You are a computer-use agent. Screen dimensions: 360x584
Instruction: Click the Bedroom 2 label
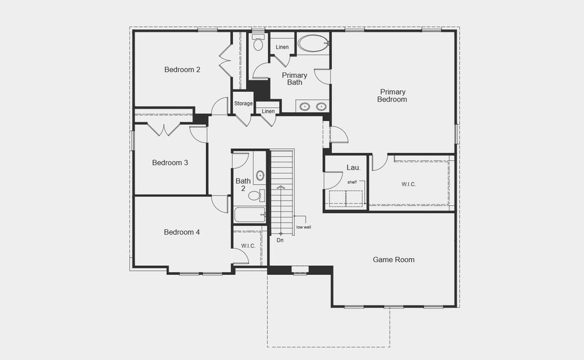point(182,70)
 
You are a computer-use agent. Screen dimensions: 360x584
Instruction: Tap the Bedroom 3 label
point(170,163)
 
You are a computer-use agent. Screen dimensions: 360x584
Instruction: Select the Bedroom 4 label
point(182,232)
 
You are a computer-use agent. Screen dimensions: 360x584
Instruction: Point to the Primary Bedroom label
point(392,95)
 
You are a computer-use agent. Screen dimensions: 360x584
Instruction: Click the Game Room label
point(394,260)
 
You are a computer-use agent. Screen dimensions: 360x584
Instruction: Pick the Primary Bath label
point(295,79)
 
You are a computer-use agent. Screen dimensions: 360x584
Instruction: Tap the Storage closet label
point(243,104)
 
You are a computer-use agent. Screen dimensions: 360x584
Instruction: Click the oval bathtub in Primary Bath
point(313,43)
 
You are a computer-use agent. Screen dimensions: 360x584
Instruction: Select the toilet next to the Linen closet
point(259,43)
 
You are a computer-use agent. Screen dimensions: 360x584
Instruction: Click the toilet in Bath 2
point(254,195)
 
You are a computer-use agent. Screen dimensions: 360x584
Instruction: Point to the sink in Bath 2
point(260,176)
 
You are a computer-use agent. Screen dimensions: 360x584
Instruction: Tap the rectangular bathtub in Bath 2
point(249,214)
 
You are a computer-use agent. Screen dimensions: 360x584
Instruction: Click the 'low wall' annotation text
point(303,227)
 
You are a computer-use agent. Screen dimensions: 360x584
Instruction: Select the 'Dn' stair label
point(280,240)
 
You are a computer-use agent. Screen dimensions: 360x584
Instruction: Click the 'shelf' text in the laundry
point(352,182)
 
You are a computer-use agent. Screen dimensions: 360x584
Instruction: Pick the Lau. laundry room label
point(353,167)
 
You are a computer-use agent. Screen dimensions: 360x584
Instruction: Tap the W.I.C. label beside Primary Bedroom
point(409,184)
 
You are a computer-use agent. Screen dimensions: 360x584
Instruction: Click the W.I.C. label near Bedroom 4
point(248,246)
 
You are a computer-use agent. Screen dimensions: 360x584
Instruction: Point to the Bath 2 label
point(243,184)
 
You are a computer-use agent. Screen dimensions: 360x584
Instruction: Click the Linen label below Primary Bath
point(268,111)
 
